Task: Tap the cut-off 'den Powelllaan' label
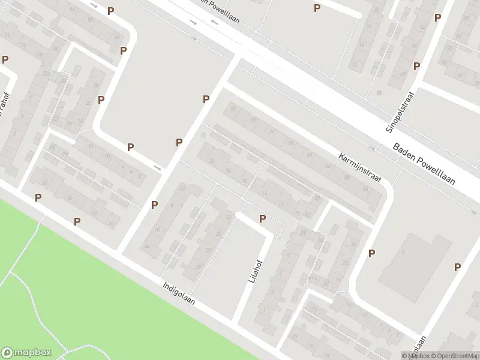[219, 12]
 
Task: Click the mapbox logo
[26, 352]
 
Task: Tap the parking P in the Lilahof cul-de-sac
[262, 219]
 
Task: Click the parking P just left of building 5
[372, 253]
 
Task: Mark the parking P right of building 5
[458, 268]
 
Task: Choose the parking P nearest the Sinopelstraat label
[416, 66]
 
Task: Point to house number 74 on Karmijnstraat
[272, 131]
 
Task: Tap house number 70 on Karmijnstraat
[291, 143]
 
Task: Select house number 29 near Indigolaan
[199, 266]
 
